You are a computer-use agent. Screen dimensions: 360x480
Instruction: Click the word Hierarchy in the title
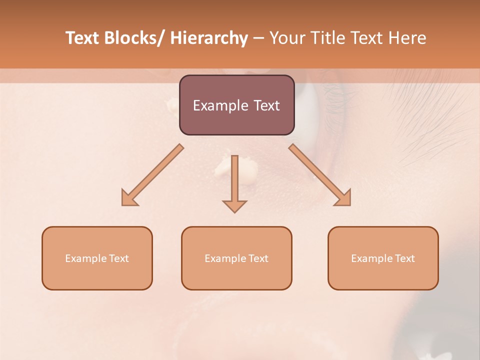coord(209,38)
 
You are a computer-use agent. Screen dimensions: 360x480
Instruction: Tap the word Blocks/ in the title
coord(133,38)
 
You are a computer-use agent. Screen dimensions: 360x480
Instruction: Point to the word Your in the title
coord(286,38)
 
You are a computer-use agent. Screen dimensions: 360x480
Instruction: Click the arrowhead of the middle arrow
coord(234,205)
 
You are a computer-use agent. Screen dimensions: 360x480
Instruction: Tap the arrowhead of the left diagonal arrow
coord(129,198)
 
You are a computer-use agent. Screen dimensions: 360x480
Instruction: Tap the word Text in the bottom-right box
coord(403,258)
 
